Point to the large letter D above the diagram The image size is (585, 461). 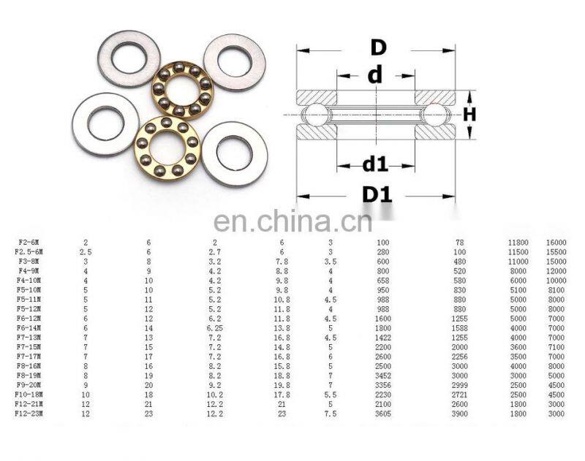click(x=377, y=48)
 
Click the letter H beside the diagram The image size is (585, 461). click(x=469, y=114)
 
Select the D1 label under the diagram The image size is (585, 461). click(x=377, y=195)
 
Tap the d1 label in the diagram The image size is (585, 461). click(x=375, y=164)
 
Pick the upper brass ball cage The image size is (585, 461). click(x=181, y=90)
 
